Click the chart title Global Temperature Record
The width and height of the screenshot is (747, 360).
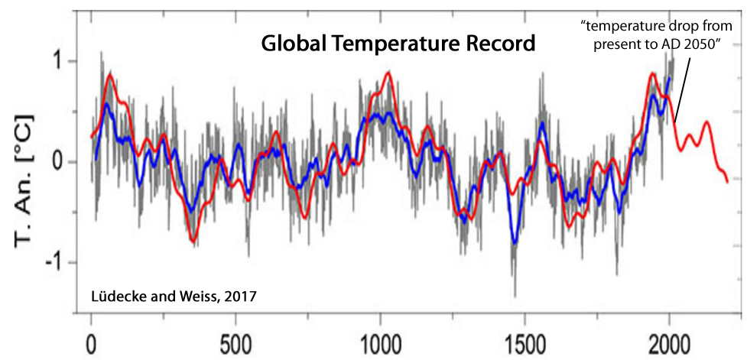click(x=398, y=44)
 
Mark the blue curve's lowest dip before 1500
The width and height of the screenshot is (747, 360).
click(x=515, y=243)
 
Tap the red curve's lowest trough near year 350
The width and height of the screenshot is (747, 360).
click(x=193, y=242)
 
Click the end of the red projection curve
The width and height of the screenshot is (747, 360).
click(x=727, y=182)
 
